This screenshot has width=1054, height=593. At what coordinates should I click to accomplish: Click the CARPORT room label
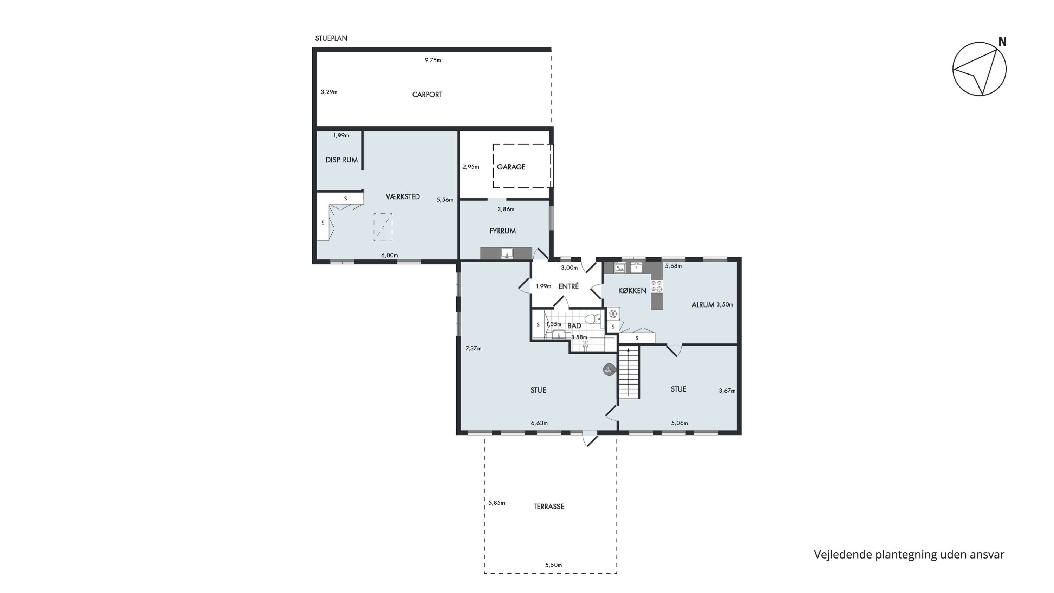tap(427, 95)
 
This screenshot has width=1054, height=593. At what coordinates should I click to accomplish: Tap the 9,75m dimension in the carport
tap(433, 60)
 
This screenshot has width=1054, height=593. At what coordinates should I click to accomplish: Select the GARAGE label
tap(511, 167)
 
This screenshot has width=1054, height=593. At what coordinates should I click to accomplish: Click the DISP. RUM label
tap(341, 160)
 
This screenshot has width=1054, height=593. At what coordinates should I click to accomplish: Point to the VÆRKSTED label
tap(403, 197)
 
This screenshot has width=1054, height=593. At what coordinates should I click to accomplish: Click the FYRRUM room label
tap(502, 231)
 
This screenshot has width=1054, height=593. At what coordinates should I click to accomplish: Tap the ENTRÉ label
tap(569, 286)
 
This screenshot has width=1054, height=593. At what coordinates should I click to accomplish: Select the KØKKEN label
tap(632, 291)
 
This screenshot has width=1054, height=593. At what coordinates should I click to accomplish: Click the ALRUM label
tap(703, 304)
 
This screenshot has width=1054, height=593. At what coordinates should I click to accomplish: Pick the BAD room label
tap(574, 326)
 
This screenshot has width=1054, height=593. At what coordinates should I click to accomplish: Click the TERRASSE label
tap(549, 507)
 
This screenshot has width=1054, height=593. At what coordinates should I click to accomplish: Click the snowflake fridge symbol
tap(613, 314)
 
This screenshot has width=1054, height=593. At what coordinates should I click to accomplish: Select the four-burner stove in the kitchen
tap(657, 286)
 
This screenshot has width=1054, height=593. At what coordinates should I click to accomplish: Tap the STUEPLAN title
tap(331, 38)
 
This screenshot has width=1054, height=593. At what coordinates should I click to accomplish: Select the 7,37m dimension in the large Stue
tap(473, 349)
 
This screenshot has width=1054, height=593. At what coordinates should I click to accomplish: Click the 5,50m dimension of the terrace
tap(554, 565)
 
